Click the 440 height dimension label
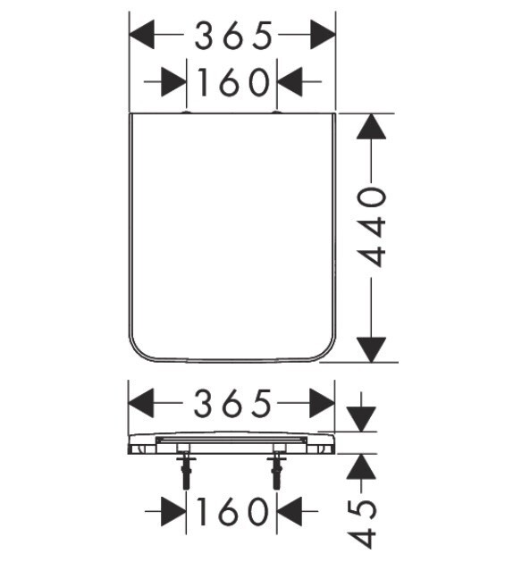click(372, 227)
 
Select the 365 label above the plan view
click(233, 35)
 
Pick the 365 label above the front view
click(232, 403)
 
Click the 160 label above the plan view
click(233, 82)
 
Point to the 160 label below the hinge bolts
click(232, 511)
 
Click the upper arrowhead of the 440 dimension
click(371, 126)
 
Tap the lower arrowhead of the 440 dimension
click(371, 349)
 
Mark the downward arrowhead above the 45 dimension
click(362, 419)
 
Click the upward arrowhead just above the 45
click(361, 466)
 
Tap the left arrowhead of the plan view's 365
click(142, 35)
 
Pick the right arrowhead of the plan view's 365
click(323, 35)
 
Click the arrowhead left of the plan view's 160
click(173, 81)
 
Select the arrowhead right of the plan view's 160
click(290, 81)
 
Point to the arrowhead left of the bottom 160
click(173, 511)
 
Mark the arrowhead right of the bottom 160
click(290, 511)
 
